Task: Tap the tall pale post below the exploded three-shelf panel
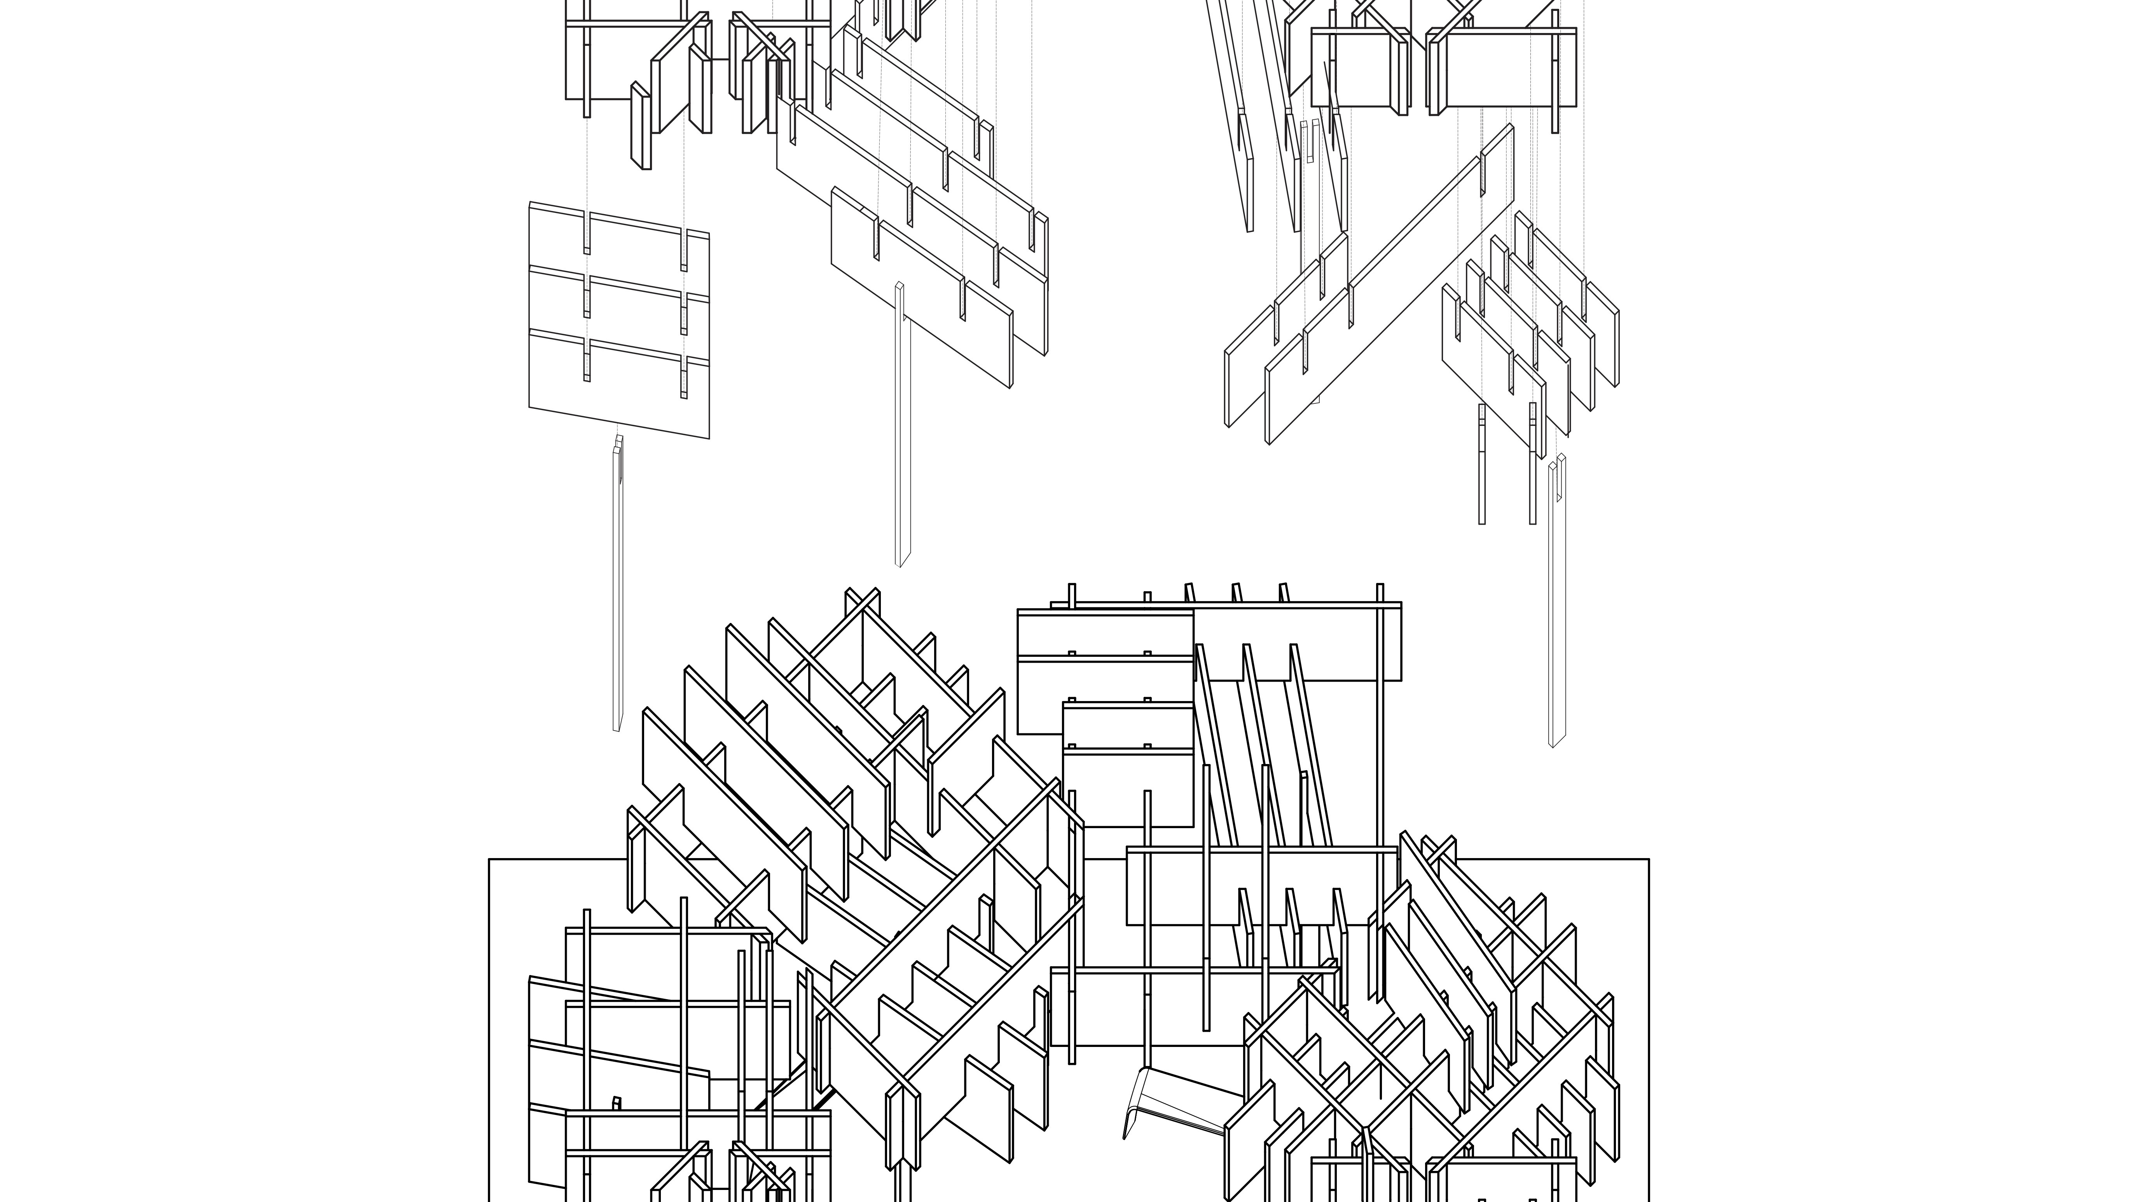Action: coord(618,589)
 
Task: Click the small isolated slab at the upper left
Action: coord(640,124)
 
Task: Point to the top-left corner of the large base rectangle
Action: coord(490,859)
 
